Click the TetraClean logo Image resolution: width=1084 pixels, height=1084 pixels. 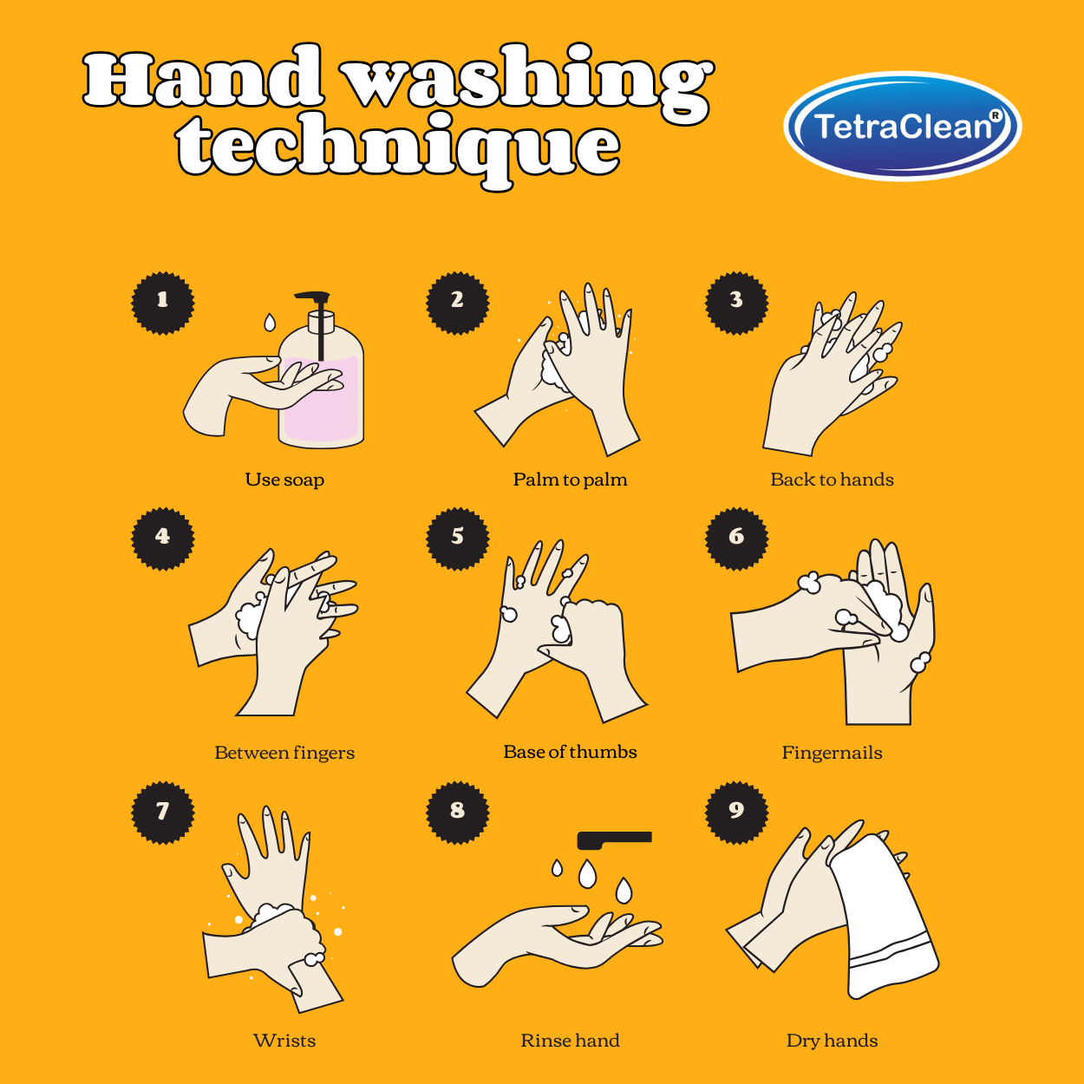point(902,127)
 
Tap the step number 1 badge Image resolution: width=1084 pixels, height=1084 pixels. point(163,302)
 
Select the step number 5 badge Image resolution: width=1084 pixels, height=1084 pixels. point(458,538)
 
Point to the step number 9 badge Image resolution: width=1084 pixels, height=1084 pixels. point(737,812)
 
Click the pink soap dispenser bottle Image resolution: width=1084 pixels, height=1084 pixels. point(334,408)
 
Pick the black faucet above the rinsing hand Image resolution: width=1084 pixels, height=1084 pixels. point(614,839)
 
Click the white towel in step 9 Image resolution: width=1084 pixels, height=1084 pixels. point(885,919)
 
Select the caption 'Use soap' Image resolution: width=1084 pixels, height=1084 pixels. point(284,480)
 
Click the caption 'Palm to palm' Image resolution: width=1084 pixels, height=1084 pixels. point(570,480)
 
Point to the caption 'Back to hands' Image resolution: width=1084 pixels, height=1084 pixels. point(832,480)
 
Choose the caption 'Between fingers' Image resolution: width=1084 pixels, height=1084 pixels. point(284,753)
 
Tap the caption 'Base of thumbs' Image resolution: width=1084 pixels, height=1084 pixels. point(570,752)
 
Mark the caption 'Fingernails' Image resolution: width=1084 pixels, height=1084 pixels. point(832,753)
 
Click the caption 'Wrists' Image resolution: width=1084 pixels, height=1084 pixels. point(284,1041)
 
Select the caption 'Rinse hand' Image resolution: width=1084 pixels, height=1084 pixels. point(570,1041)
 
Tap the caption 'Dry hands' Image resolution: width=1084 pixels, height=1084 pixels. point(832,1041)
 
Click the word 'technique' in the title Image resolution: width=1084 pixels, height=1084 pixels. point(399,147)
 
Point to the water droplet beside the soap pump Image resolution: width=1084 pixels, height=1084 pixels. point(270,323)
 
